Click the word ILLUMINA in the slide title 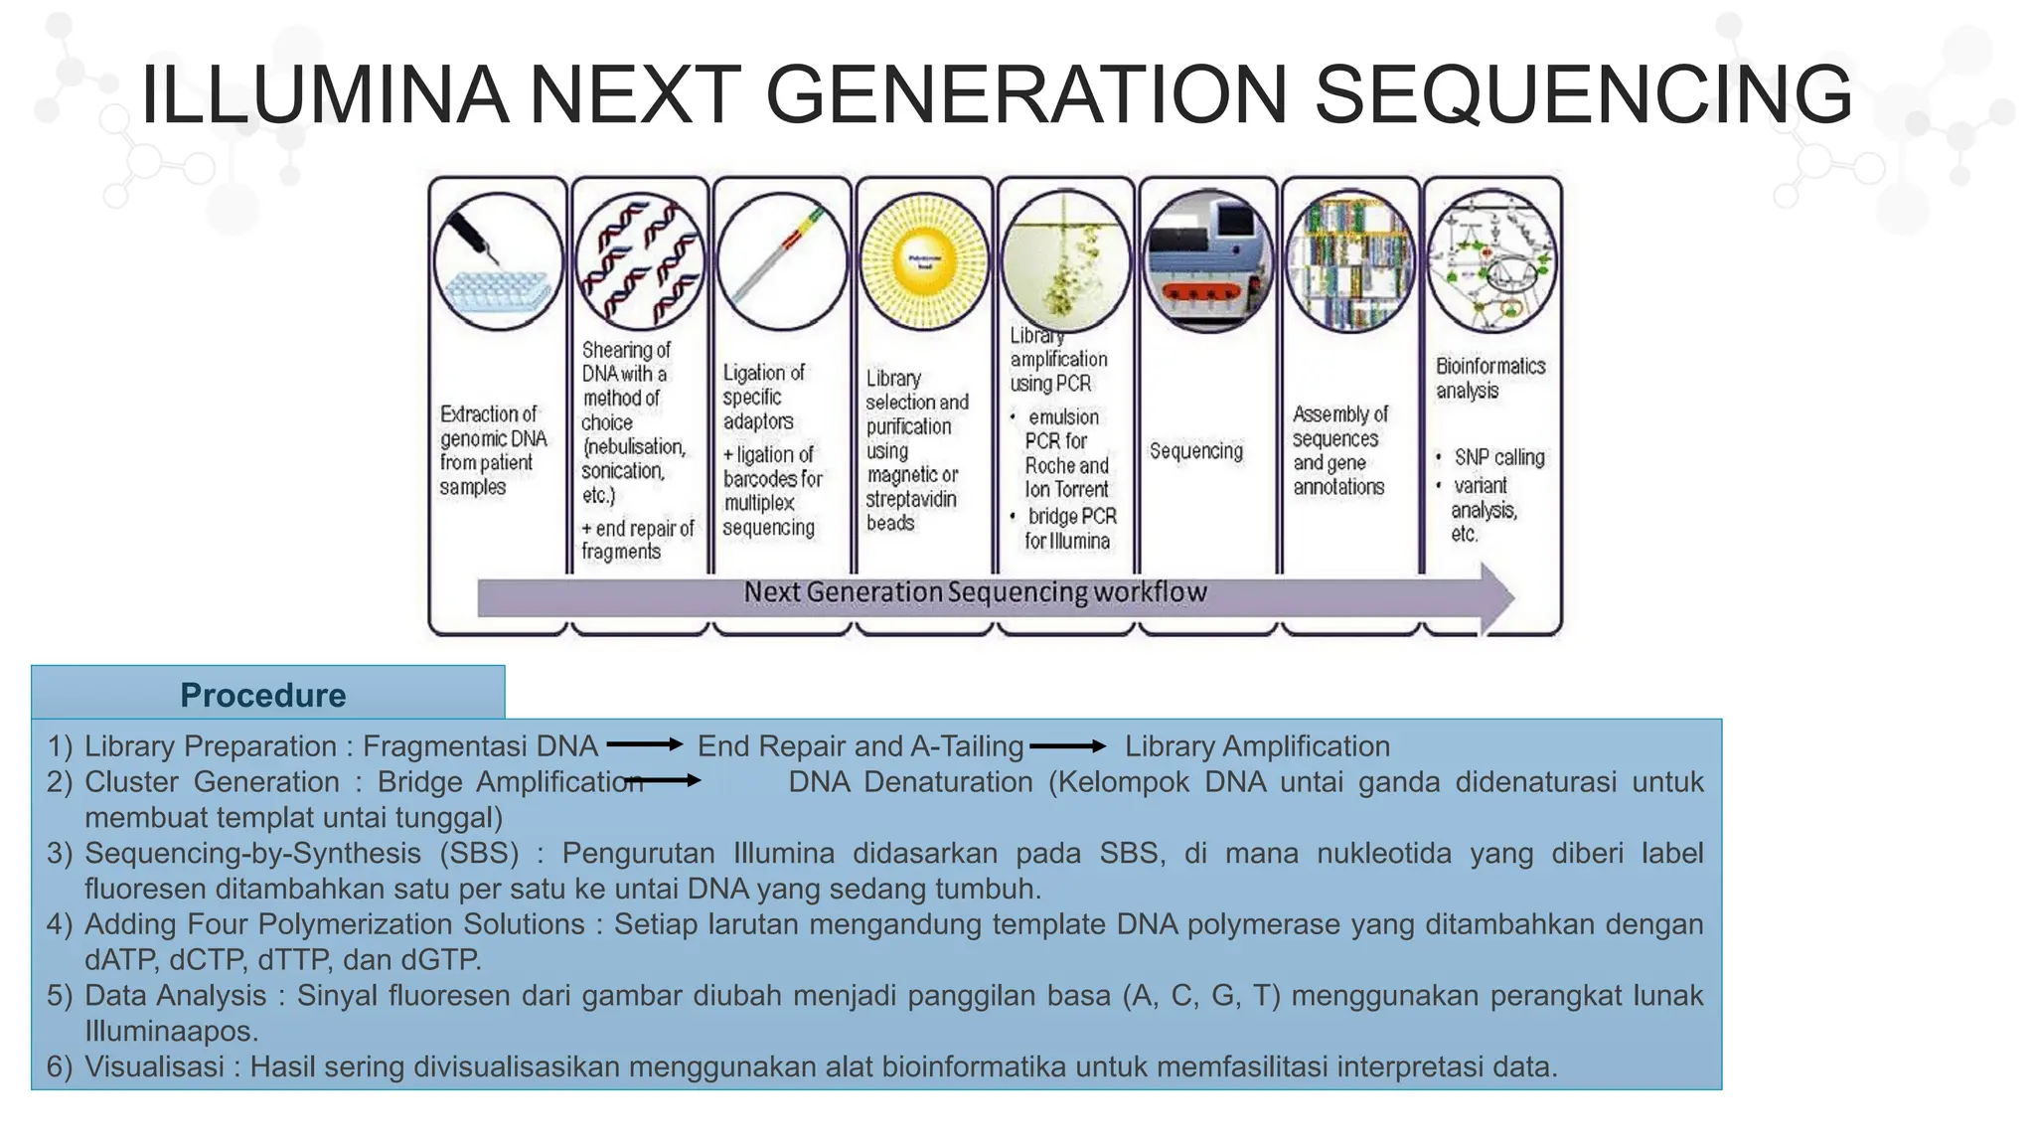coord(324,94)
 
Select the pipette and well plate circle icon coord(498,261)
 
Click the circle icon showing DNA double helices coord(640,261)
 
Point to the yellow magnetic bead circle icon coord(924,261)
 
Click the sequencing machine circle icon coord(1207,261)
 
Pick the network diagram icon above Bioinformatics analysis coord(1491,261)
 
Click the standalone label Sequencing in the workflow coord(1196,450)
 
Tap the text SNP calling coord(1498,457)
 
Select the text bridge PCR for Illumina coord(1070,529)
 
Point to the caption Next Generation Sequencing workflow coord(975,592)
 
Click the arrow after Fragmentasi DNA coord(644,744)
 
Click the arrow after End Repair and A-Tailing coord(1067,745)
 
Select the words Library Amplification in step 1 coord(1257,745)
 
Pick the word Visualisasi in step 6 coord(154,1066)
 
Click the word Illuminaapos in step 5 coord(171,1031)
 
